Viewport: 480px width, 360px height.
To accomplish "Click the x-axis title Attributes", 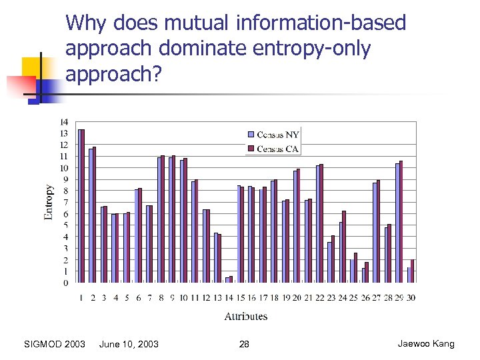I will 245,316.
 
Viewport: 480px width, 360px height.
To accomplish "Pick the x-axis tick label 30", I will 410,297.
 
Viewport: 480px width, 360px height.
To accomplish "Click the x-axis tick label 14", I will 229,297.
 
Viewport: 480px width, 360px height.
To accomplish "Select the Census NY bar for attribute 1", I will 79,206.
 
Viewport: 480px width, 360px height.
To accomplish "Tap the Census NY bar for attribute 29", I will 397,223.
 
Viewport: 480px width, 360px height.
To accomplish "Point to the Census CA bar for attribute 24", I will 344,247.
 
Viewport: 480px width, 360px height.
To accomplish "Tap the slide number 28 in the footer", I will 244,344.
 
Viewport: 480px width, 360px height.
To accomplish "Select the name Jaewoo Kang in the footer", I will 426,344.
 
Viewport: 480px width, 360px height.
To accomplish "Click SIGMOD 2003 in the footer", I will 54,344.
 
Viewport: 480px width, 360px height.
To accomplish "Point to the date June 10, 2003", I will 129,344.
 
